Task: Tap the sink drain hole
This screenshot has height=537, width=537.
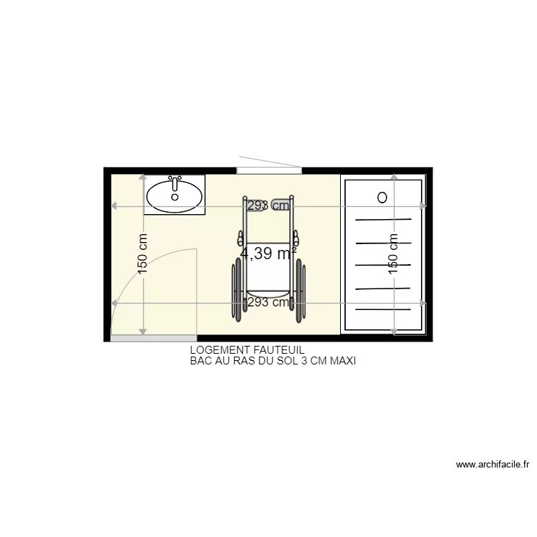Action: click(x=175, y=196)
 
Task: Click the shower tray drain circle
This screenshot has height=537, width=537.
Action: click(x=382, y=196)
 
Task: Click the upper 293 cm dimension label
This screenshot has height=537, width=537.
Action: click(x=268, y=205)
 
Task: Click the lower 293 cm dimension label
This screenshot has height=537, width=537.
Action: click(x=268, y=302)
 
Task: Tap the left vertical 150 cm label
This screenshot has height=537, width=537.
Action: click(x=142, y=254)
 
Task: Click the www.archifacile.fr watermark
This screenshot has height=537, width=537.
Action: click(x=493, y=465)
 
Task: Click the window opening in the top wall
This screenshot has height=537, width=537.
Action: click(x=268, y=170)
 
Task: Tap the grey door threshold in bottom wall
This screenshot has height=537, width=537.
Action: click(x=153, y=337)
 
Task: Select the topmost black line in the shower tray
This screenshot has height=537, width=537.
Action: click(x=384, y=219)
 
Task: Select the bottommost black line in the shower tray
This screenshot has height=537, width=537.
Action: click(x=384, y=309)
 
